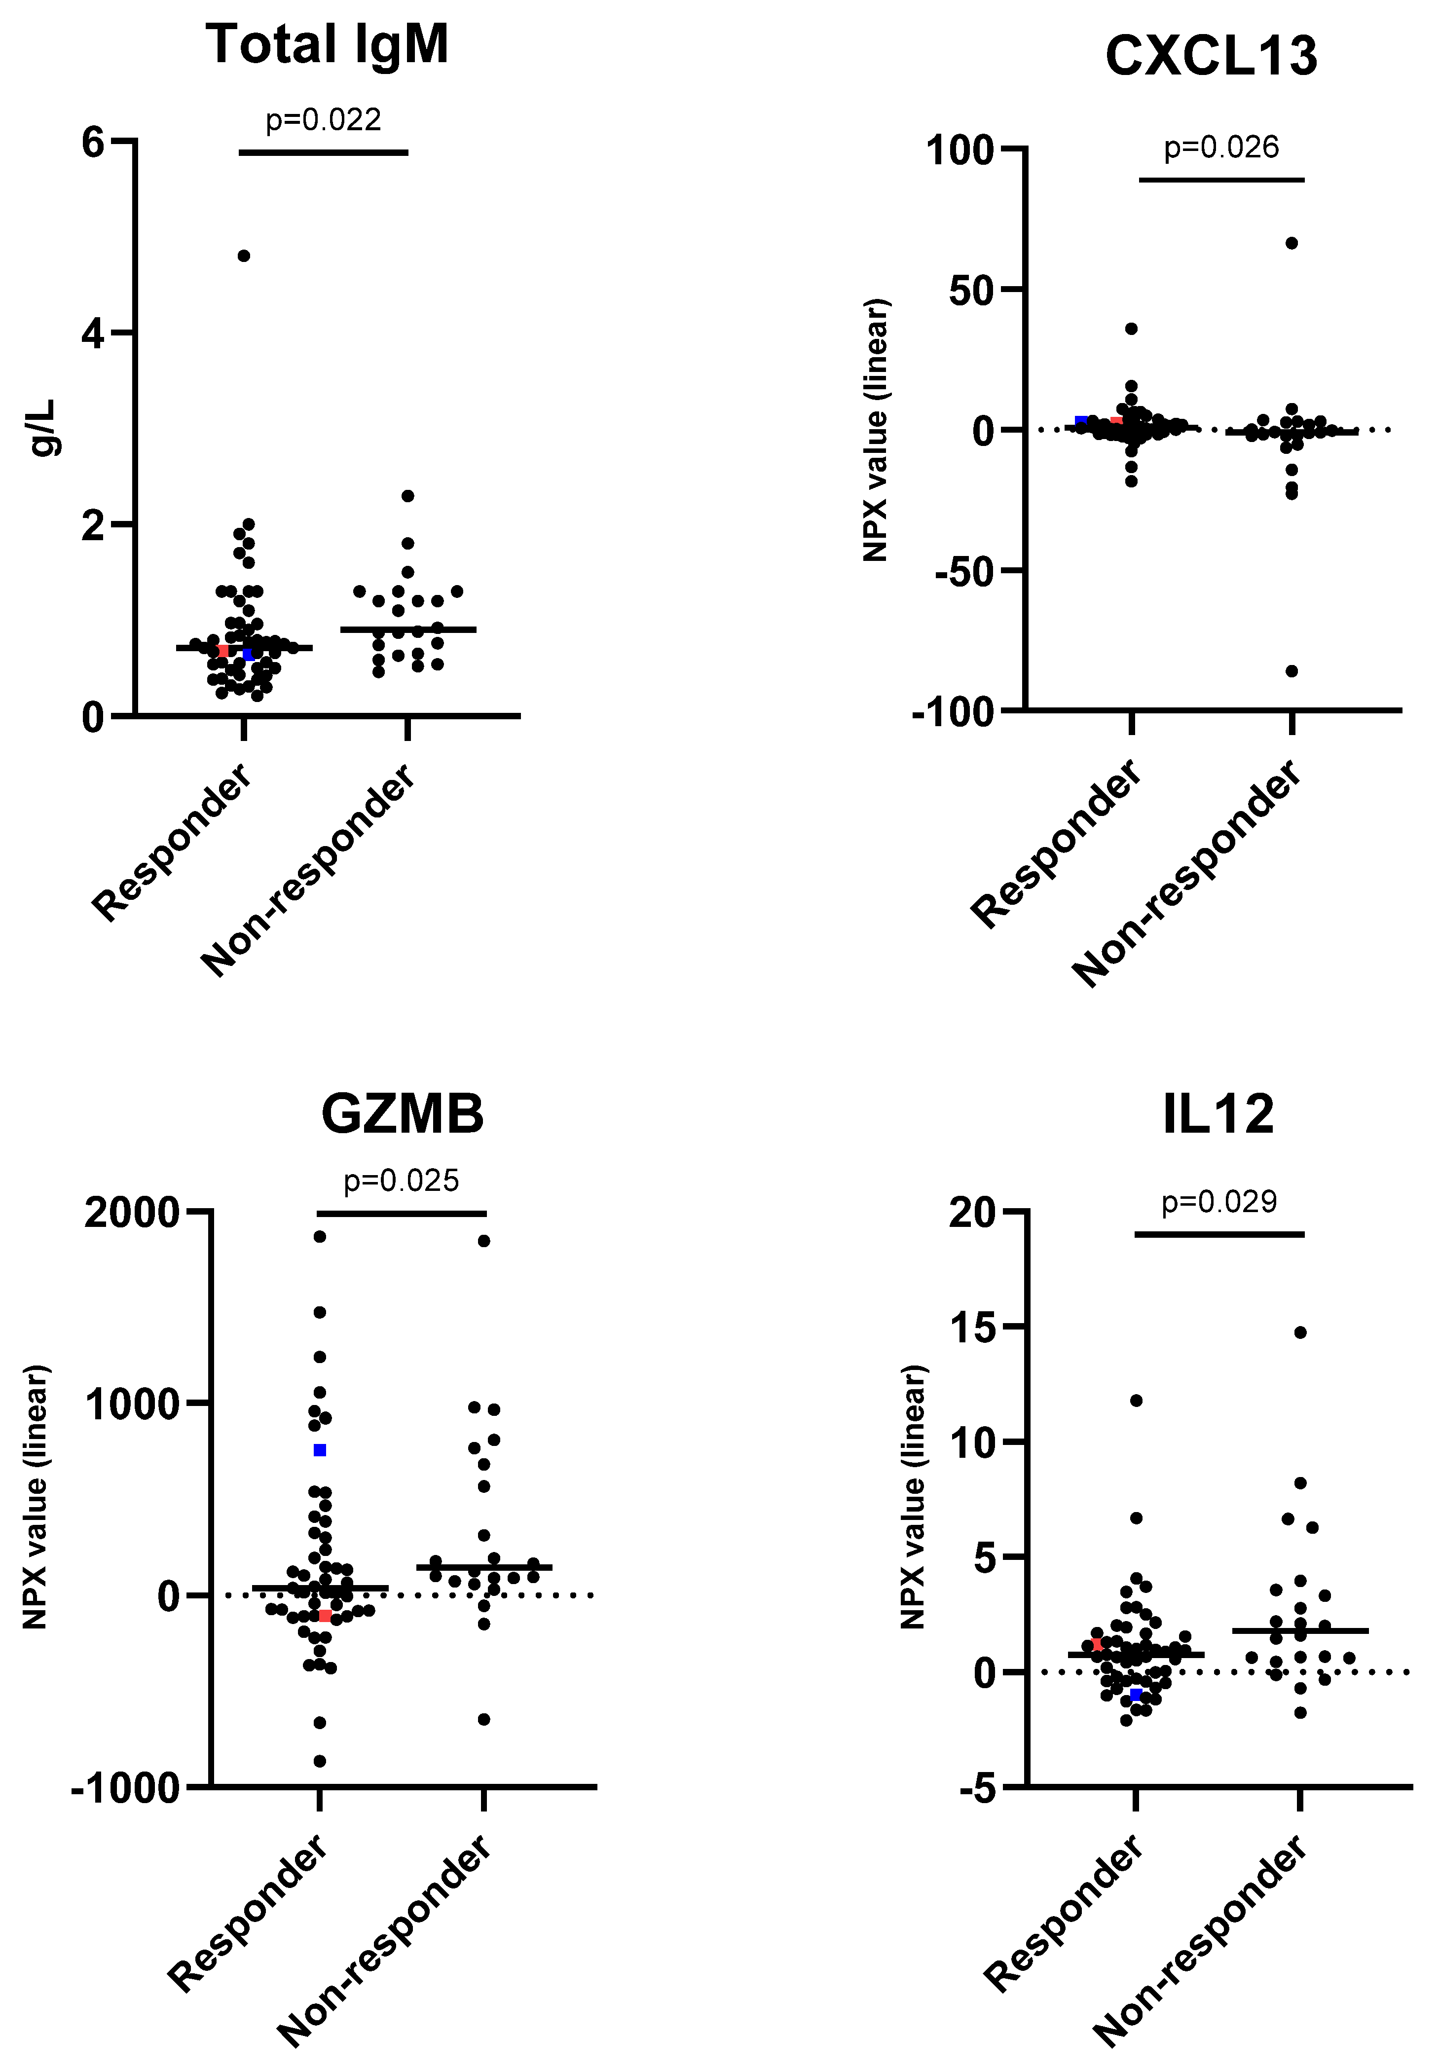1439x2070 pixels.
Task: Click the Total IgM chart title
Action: point(327,45)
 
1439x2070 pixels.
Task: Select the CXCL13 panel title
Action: point(1211,56)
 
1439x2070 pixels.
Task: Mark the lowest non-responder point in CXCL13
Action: point(1292,671)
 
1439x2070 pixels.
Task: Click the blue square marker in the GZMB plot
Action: point(319,1450)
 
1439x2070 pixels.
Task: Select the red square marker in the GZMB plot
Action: point(325,1616)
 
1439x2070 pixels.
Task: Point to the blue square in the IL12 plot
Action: point(1136,1695)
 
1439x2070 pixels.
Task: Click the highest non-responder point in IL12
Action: point(1300,1332)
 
